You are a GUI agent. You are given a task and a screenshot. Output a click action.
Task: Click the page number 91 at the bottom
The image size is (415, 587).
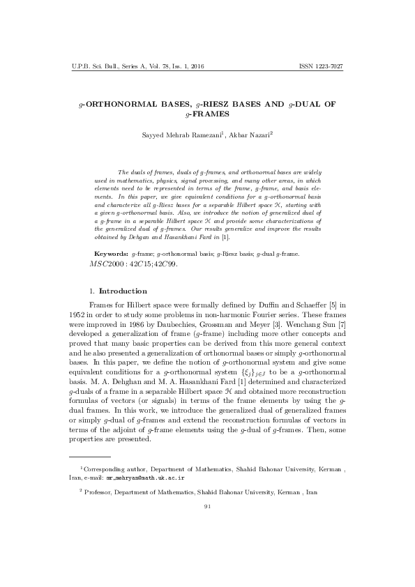(207, 505)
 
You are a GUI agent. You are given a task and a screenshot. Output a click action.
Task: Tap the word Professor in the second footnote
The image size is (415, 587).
(100, 492)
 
